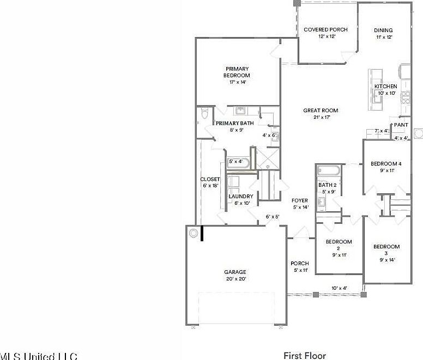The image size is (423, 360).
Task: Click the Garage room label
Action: click(x=235, y=272)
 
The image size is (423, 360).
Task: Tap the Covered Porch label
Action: click(x=319, y=29)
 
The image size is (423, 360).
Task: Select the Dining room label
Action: click(x=383, y=30)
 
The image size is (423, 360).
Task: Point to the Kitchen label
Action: click(x=385, y=87)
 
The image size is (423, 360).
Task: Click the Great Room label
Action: click(x=321, y=111)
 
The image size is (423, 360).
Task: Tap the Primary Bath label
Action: click(x=235, y=123)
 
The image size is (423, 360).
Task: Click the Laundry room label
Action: click(x=240, y=196)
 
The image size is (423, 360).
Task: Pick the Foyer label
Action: click(x=300, y=200)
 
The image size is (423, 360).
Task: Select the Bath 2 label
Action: click(x=328, y=185)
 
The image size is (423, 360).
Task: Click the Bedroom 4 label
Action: click(x=386, y=163)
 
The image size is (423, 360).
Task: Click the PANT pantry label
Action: click(x=401, y=125)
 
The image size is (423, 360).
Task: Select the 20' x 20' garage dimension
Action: click(x=235, y=279)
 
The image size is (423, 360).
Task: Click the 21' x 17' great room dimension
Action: click(x=321, y=117)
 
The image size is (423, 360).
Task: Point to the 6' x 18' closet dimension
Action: click(x=210, y=186)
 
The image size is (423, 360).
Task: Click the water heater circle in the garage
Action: click(x=194, y=233)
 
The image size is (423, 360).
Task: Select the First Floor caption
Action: click(x=305, y=356)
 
